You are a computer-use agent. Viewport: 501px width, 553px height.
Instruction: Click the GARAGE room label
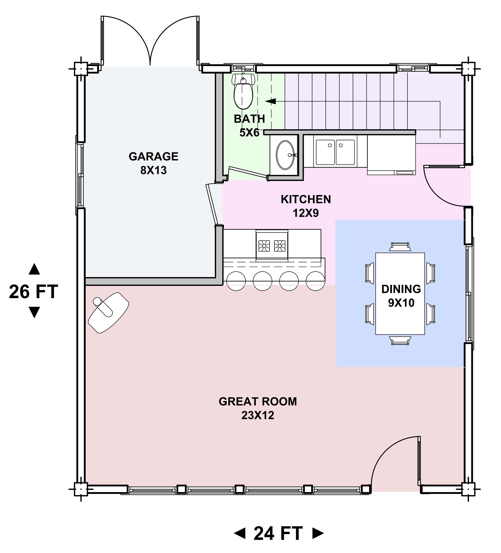153,157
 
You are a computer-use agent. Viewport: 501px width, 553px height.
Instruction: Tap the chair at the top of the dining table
400,247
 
